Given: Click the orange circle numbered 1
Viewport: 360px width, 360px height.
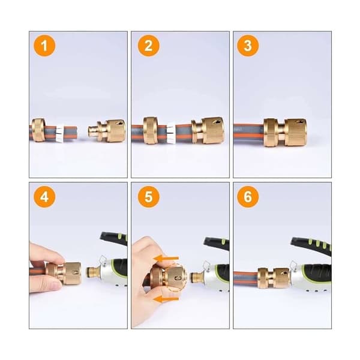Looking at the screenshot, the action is click(44, 46).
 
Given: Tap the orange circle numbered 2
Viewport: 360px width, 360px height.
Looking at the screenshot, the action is click(149, 46).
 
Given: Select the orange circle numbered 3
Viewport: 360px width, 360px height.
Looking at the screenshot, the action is click(248, 46).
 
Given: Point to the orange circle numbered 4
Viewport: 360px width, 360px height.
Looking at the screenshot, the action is click(44, 197).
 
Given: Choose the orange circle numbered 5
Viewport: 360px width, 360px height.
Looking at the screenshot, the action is click(149, 197).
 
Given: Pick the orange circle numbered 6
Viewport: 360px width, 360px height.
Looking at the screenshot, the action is click(248, 197).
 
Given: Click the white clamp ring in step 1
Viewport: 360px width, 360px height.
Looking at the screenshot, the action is click(60, 133).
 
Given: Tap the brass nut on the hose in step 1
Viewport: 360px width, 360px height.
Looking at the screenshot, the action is click(39, 130).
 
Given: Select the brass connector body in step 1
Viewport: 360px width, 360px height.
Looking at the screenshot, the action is click(107, 130).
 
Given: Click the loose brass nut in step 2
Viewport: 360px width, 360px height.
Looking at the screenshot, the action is click(151, 130).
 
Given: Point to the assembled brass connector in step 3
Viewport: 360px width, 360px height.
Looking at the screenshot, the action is click(285, 132).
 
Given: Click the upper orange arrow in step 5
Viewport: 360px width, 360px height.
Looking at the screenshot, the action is click(166, 258).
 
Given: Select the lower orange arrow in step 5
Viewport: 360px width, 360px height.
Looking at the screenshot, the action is click(166, 299).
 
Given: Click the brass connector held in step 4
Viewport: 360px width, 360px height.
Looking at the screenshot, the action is click(64, 273).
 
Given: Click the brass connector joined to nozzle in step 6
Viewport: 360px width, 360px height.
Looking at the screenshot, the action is click(274, 278).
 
